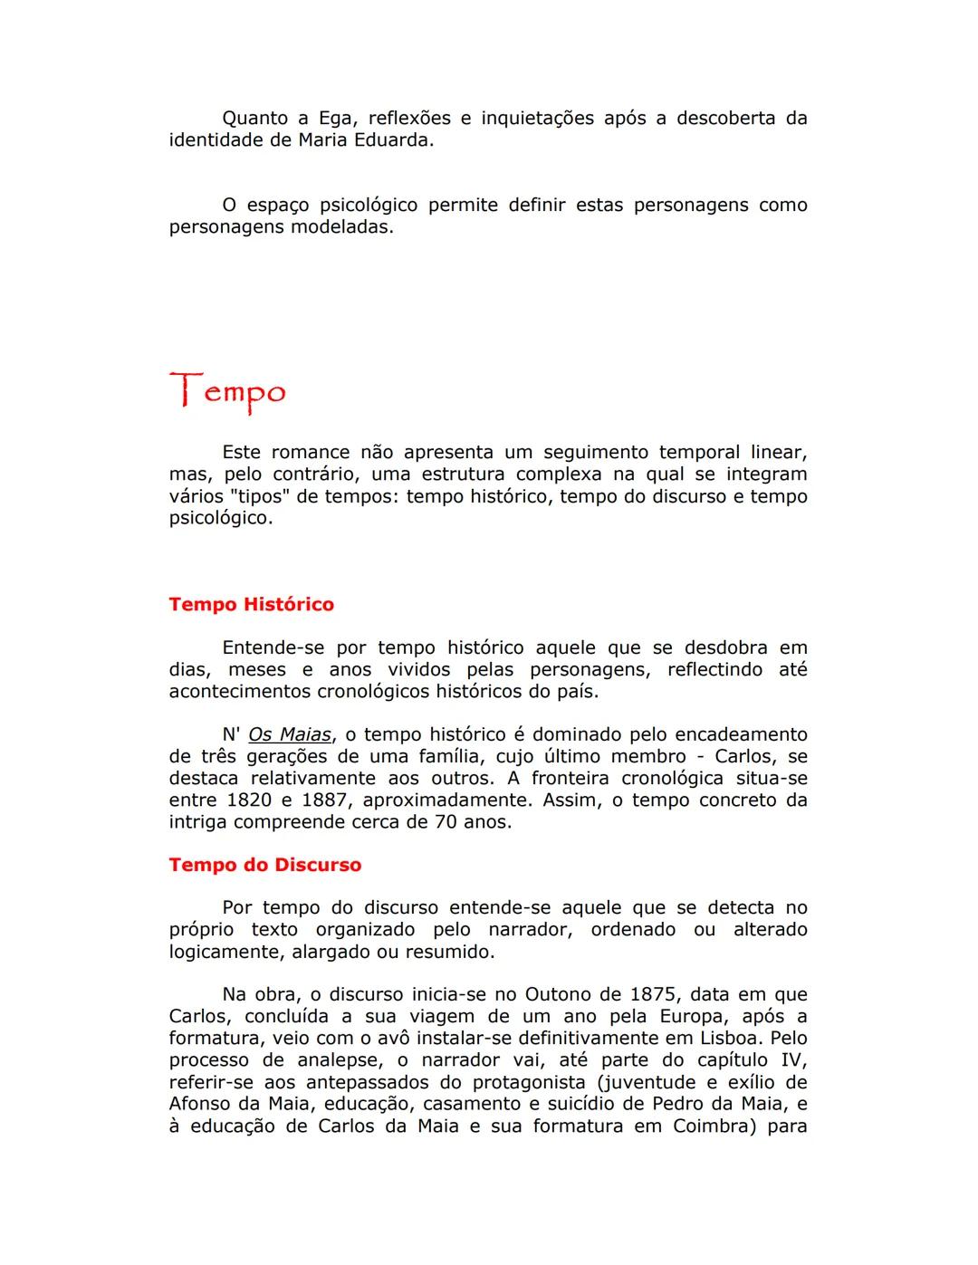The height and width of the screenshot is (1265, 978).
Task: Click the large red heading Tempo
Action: point(227,392)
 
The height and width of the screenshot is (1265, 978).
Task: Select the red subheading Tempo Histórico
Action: point(251,605)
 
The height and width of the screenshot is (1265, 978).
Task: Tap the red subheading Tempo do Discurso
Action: point(264,865)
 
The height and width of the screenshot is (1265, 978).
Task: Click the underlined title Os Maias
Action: point(289,735)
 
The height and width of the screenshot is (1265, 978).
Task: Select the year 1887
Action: point(324,800)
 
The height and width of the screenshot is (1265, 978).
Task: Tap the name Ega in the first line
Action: point(335,119)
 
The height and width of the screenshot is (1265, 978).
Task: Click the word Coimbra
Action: point(707,1126)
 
